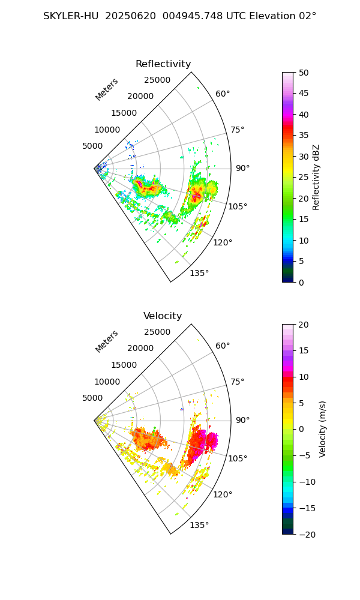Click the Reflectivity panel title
(x=163, y=64)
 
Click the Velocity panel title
(x=163, y=316)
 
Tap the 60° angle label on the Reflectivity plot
(x=223, y=94)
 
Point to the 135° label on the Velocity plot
(x=199, y=525)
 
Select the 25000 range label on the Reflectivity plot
(x=157, y=80)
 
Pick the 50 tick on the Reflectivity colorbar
(x=305, y=73)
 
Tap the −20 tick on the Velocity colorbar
(x=307, y=534)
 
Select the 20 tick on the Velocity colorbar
(x=305, y=325)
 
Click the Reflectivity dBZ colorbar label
(x=316, y=177)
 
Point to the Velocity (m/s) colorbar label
(x=323, y=429)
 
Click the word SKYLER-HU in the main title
(x=71, y=16)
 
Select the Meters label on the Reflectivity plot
(x=107, y=89)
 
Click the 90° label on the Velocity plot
(x=242, y=420)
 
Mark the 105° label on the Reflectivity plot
(x=238, y=206)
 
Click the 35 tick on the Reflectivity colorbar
(x=305, y=136)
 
